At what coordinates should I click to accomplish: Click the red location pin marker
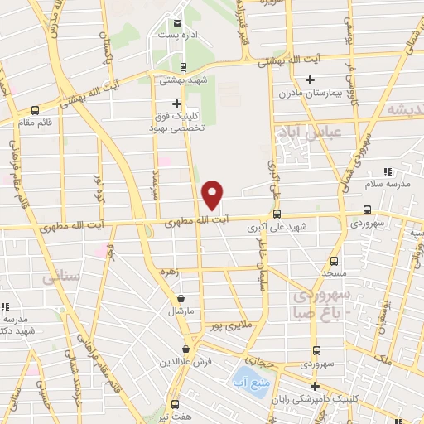(213, 195)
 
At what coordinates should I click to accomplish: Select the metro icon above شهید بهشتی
(183, 68)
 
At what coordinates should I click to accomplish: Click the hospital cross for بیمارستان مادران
(311, 80)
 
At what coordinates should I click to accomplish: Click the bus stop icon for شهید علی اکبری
(276, 211)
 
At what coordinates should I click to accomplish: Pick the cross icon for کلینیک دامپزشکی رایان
(315, 386)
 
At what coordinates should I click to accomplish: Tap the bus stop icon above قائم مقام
(35, 109)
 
